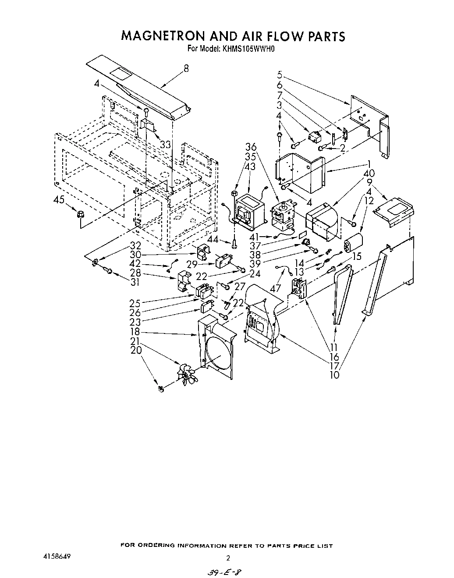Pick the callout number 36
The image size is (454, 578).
(251, 147)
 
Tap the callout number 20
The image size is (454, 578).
(136, 350)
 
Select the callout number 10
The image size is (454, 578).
(334, 375)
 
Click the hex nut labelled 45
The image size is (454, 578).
(80, 214)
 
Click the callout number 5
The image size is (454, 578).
(280, 74)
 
